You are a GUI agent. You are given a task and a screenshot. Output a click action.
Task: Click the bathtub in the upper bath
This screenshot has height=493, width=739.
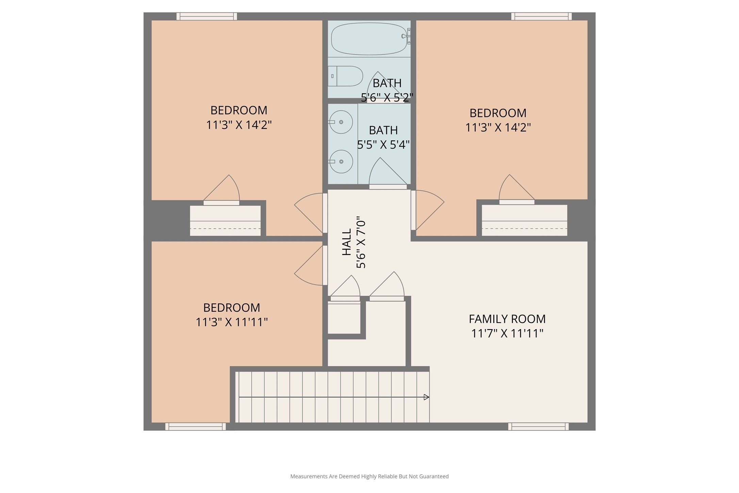click(x=369, y=39)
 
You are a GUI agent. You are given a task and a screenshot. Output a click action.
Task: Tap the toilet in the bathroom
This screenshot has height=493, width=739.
click(x=345, y=76)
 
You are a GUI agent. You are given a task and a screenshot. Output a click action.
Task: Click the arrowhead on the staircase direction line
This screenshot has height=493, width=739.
click(x=426, y=397)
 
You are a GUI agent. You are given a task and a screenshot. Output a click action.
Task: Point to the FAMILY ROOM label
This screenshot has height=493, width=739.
click(x=507, y=319)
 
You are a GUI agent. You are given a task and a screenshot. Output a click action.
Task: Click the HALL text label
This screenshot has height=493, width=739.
click(x=346, y=242)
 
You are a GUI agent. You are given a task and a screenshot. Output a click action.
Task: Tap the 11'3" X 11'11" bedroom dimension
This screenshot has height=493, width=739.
click(x=232, y=322)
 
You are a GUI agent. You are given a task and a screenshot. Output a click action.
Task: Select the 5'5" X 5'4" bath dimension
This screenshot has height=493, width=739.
click(x=383, y=145)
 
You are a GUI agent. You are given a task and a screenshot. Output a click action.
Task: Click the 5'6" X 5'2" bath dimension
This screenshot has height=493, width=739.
click(x=387, y=98)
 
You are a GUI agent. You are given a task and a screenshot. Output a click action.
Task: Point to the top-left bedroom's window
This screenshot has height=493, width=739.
click(x=207, y=16)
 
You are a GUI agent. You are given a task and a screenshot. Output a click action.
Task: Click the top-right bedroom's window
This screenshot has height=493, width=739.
click(x=541, y=16)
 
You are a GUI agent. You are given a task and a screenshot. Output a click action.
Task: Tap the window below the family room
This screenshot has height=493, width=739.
click(x=538, y=426)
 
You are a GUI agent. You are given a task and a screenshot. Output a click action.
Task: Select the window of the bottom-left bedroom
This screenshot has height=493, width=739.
click(x=195, y=426)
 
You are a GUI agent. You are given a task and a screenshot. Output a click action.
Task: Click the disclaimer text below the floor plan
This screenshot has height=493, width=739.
click(x=369, y=476)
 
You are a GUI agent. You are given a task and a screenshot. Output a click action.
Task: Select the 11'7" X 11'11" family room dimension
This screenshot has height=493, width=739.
click(x=507, y=333)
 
